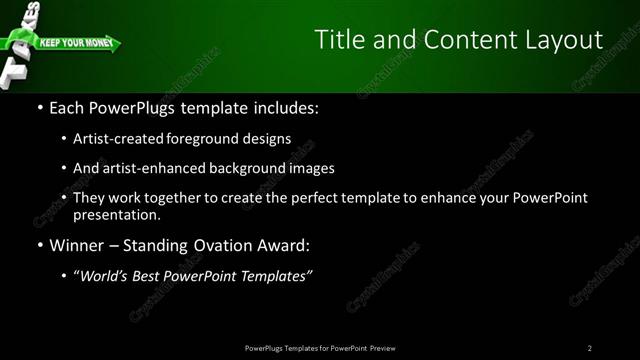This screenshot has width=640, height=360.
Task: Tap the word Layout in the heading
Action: click(x=559, y=40)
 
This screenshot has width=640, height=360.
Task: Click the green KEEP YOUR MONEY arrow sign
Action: click(x=75, y=44)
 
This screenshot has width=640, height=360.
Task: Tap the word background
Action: click(x=250, y=168)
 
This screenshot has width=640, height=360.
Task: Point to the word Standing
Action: click(x=162, y=245)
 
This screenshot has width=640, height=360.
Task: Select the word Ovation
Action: click(x=230, y=245)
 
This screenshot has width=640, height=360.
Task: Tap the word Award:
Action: click(x=289, y=245)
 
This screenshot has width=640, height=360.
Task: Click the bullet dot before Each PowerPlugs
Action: click(x=39, y=107)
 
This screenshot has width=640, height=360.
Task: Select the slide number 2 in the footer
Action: click(x=590, y=348)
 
